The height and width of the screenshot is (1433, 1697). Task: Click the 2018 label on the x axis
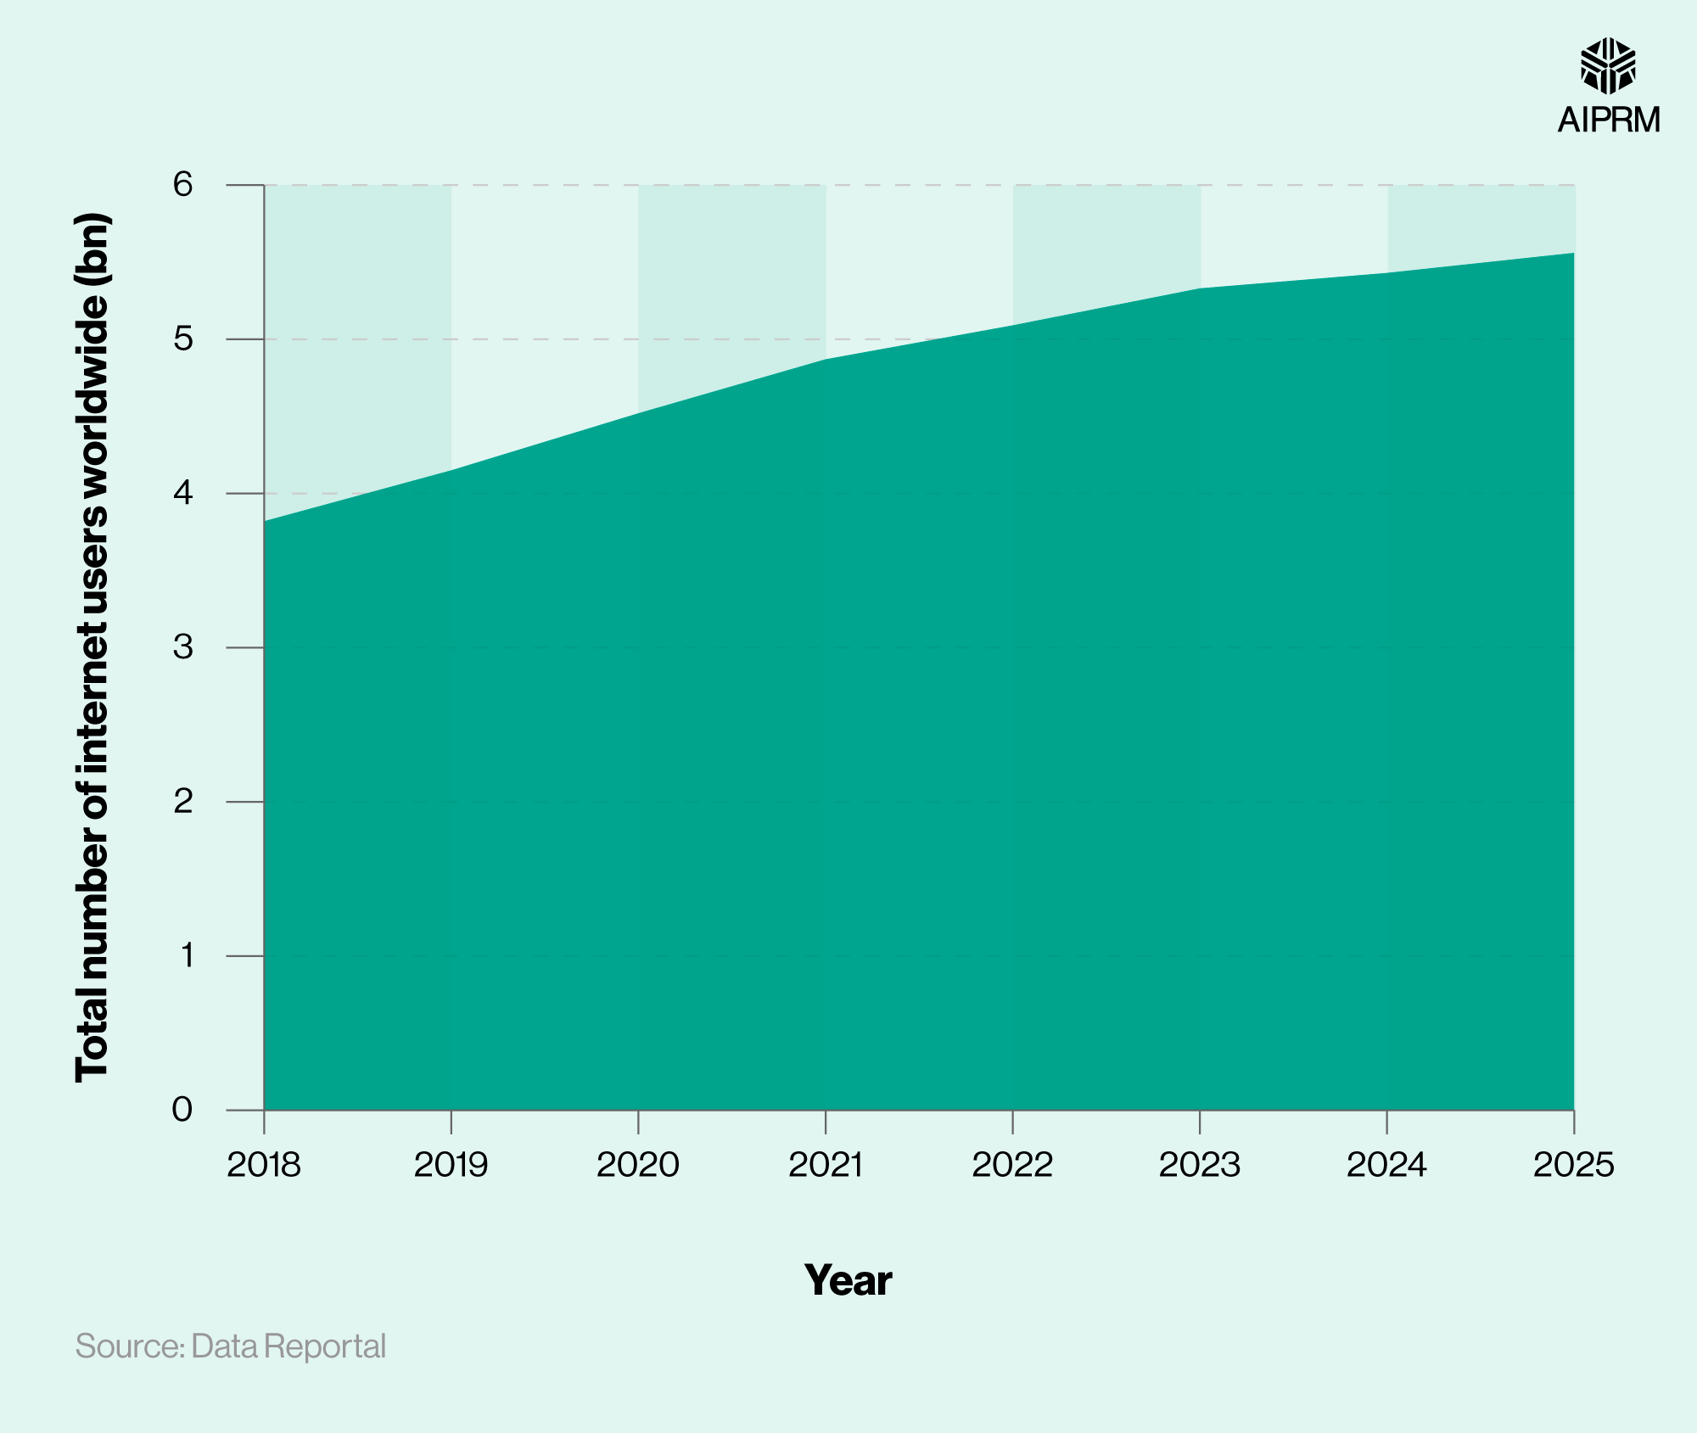click(x=264, y=1165)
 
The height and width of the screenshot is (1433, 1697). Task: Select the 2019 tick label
click(x=451, y=1165)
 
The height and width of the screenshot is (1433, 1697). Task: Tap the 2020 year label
click(x=638, y=1165)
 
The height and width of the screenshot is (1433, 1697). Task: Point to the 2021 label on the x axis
click(x=826, y=1165)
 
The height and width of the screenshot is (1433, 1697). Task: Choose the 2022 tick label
click(x=1012, y=1165)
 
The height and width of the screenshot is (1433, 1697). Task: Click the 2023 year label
click(x=1200, y=1165)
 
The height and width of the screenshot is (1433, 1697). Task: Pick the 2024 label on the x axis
click(x=1386, y=1165)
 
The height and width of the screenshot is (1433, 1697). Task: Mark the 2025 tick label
click(x=1573, y=1165)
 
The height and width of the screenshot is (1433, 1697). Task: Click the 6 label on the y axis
click(x=182, y=184)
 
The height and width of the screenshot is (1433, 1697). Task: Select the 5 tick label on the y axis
click(x=182, y=339)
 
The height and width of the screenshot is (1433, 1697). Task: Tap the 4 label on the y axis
click(x=182, y=493)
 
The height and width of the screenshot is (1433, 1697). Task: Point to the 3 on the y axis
click(x=182, y=647)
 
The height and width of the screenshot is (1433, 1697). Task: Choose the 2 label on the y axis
click(x=182, y=801)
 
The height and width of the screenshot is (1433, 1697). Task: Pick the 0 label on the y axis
click(x=182, y=1110)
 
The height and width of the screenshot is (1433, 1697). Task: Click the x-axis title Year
click(x=848, y=1280)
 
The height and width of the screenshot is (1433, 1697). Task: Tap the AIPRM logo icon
click(x=1608, y=66)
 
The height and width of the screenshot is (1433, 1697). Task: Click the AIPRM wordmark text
click(x=1609, y=120)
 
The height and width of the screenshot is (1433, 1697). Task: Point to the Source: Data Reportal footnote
click(x=231, y=1346)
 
